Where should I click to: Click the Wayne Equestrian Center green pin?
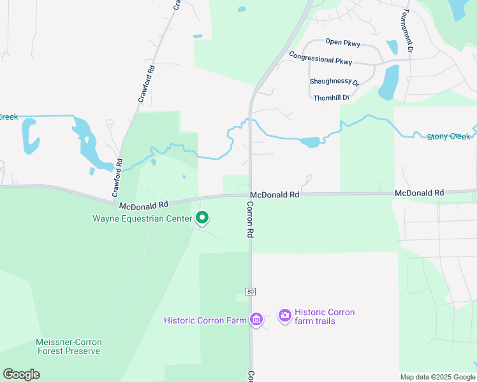(202, 218)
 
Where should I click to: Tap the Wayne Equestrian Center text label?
(142, 219)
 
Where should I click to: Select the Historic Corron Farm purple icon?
(256, 320)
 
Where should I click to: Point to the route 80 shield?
(250, 292)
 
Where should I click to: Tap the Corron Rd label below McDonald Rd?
(250, 220)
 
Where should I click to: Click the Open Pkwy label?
(342, 43)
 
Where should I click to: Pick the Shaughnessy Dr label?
(334, 81)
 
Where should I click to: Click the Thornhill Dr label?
(332, 97)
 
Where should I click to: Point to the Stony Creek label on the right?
(449, 136)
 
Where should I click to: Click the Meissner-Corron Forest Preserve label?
(68, 346)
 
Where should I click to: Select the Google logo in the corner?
(21, 374)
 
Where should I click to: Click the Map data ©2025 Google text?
(437, 377)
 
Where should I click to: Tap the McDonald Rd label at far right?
(419, 192)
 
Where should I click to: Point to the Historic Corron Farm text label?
(205, 320)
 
